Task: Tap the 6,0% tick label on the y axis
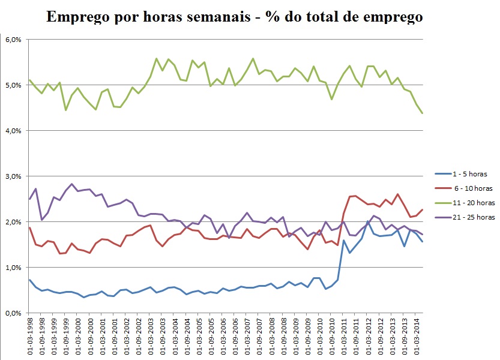[13, 40]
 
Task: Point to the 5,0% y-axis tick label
[13, 85]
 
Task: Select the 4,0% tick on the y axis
[13, 131]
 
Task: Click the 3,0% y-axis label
[13, 176]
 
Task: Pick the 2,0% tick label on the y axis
[13, 222]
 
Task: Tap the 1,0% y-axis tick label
[13, 268]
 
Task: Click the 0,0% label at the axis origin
[13, 313]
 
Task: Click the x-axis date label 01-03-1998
[29, 336]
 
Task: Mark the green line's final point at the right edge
[423, 113]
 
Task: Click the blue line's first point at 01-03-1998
[29, 280]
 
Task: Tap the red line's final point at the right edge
[423, 209]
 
